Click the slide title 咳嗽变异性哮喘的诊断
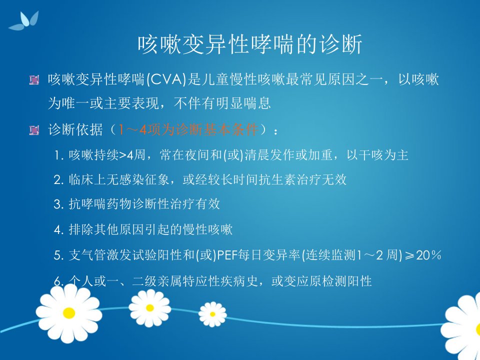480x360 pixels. tap(250, 44)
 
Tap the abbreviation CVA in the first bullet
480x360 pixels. tap(166, 80)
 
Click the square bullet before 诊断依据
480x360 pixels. tap(34, 130)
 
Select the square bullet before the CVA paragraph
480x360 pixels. tap(34, 80)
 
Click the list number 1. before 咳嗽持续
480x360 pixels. tap(59, 155)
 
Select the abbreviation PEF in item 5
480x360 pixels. tap(227, 255)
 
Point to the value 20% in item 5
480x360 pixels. tap(428, 255)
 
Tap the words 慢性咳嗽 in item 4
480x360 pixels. tap(208, 229)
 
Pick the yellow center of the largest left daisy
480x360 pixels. tap(69, 313)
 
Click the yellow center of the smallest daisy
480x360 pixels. tap(212, 314)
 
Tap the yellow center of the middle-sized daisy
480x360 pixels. tap(149, 307)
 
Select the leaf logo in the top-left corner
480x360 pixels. tap(24, 21)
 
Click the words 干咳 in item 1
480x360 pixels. tap(371, 155)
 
